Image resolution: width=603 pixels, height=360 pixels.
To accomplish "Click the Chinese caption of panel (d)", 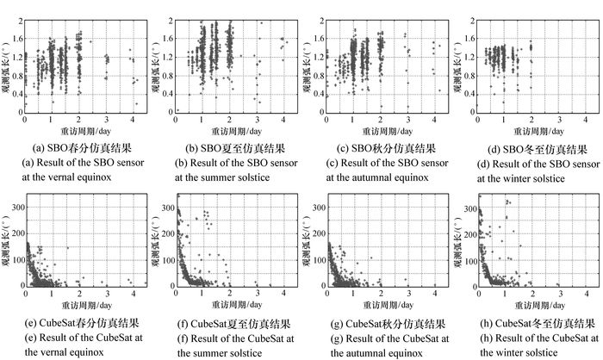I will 529,149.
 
